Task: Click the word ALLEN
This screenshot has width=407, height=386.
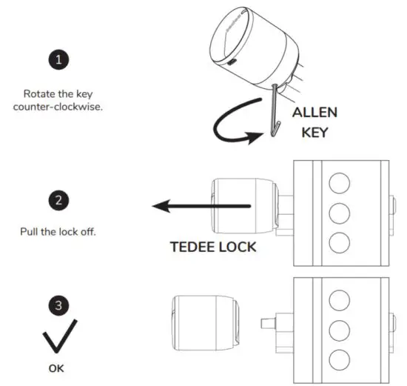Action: point(315,113)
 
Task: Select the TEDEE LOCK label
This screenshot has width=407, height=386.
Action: point(214,247)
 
